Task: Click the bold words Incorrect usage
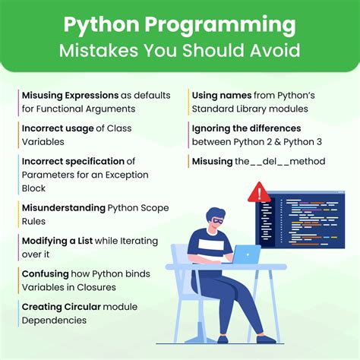coord(58,129)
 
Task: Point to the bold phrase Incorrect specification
coord(73,162)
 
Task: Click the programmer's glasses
coord(215,222)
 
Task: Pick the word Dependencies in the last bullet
coord(54,319)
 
